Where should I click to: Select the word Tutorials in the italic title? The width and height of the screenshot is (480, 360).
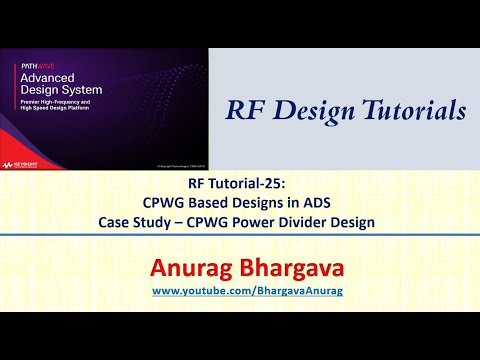[x=410, y=109]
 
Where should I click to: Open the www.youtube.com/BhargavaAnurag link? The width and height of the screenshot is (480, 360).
[x=239, y=290]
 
